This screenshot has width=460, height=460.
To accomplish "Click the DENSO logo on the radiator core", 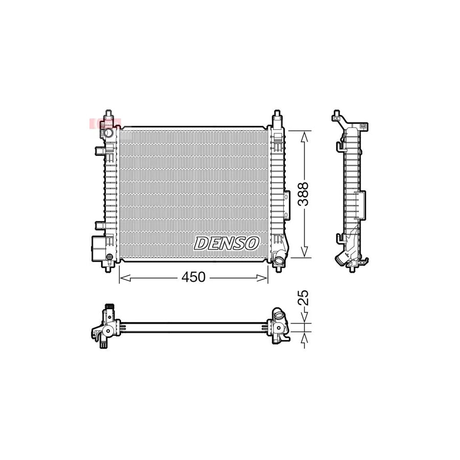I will pyautogui.click(x=226, y=243).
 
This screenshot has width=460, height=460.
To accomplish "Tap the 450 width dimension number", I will pyautogui.click(x=193, y=278).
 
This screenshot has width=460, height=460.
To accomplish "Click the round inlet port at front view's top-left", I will pyautogui.click(x=109, y=133).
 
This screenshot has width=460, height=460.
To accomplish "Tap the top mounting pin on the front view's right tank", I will pyautogui.click(x=277, y=115).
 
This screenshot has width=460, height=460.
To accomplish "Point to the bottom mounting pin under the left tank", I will pyautogui.click(x=108, y=267).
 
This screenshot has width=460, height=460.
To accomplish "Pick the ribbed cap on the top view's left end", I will pyautogui.click(x=108, y=308).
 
